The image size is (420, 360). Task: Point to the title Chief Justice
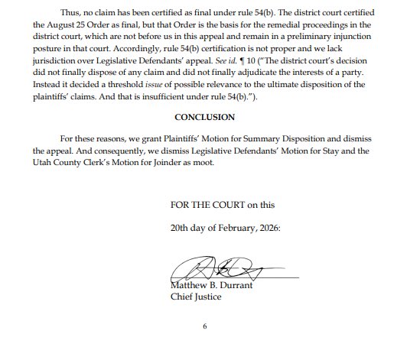(196, 297)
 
